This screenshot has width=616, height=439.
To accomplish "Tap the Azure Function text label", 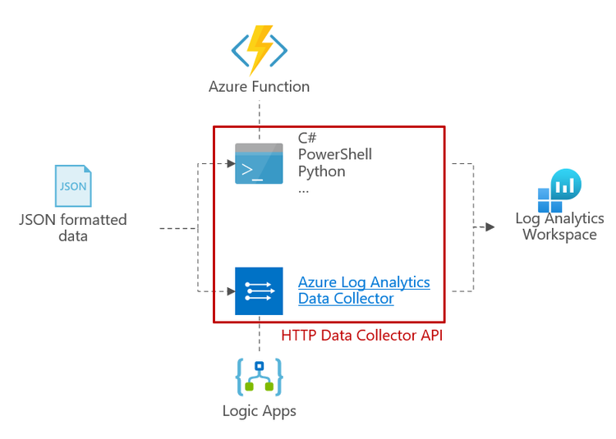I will (x=260, y=86).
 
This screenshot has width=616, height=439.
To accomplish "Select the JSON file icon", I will (x=73, y=187).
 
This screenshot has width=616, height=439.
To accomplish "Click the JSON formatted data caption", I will (x=73, y=227).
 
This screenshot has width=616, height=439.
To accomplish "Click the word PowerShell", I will (x=334, y=154).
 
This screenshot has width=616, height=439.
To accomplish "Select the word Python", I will (x=321, y=171).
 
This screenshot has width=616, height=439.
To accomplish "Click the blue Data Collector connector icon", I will (x=259, y=290).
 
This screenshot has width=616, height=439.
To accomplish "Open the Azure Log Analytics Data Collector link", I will (x=363, y=290).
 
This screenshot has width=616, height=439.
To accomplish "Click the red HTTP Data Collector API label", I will (x=361, y=335).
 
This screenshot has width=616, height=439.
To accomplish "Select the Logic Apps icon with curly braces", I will (x=260, y=377).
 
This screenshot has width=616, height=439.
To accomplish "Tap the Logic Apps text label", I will (x=260, y=410).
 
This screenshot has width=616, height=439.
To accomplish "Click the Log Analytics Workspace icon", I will (x=559, y=190).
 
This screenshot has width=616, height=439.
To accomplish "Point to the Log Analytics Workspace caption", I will (x=559, y=226).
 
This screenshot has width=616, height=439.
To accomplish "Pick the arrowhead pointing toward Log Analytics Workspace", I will (x=490, y=226).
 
